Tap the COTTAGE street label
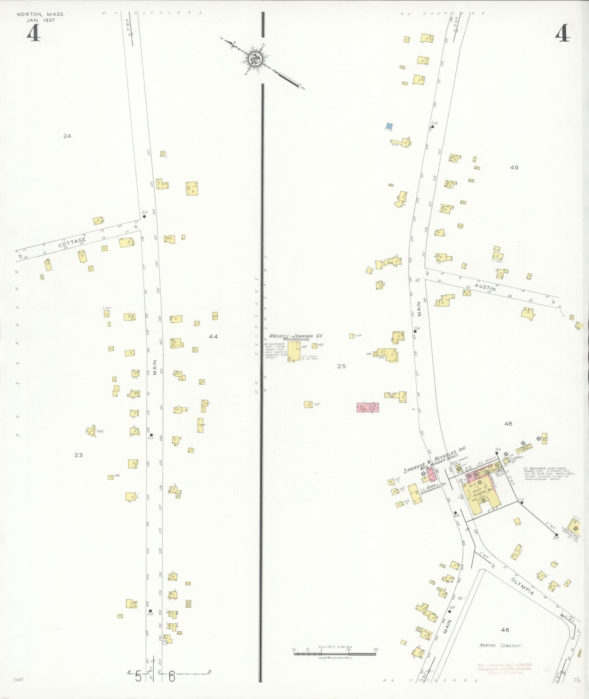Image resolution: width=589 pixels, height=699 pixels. pos(72,242)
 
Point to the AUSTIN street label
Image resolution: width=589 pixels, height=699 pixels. pos(486,286)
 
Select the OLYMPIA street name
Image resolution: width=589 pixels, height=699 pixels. pos(522,586)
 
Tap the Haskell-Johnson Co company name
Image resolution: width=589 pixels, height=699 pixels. pos(296,336)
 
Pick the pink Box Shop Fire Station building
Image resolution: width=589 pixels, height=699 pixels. pos(367,407)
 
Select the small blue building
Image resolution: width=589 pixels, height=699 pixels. pos(389,126)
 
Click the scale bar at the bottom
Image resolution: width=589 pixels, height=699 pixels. pos(335,651)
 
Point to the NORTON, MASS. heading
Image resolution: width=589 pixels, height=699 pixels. pos(41,14)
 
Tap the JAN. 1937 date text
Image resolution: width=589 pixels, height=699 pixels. pos(40,20)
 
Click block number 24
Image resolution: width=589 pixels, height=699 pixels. pos(67,136)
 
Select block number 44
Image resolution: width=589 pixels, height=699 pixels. pos(213,337)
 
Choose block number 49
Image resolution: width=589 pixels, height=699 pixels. pos(514,168)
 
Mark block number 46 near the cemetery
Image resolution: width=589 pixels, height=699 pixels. pos(505,630)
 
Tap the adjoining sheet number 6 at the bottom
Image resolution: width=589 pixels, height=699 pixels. pos(172,677)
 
